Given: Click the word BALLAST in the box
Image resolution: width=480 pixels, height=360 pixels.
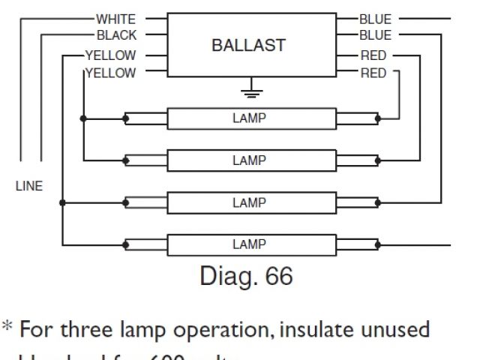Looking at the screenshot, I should tap(249, 45).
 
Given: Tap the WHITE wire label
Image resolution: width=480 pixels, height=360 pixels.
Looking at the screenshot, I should tap(115, 17).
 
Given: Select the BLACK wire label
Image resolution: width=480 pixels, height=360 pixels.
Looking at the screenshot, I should tap(116, 35).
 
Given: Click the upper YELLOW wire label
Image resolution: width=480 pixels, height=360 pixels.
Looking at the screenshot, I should tap(110, 55).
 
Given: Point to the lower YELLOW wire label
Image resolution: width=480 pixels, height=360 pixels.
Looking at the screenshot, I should tap(110, 73).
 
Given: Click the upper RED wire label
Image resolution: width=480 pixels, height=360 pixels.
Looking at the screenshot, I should tap(373, 55).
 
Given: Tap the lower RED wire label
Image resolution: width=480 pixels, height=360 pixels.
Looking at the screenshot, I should tap(373, 73).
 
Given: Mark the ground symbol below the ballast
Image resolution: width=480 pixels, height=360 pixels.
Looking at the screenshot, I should tap(249, 93).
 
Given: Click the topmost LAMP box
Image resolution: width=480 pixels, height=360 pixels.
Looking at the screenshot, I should tap(249, 118).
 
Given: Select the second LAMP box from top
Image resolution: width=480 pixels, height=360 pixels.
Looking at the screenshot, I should tap(249, 160).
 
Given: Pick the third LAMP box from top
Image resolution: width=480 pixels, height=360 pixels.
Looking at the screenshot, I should tap(249, 202).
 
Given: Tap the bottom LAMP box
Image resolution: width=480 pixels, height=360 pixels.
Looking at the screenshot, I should tap(249, 244).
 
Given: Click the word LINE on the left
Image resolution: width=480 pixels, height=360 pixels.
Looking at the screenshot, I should tap(29, 187).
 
